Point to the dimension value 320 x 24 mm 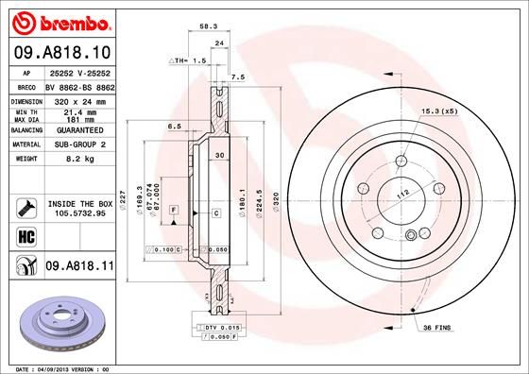point(77,99)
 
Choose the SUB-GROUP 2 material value point(77,144)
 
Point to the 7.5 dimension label point(238,76)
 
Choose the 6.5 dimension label point(174,125)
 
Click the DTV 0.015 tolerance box point(225,326)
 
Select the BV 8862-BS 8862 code point(77,85)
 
